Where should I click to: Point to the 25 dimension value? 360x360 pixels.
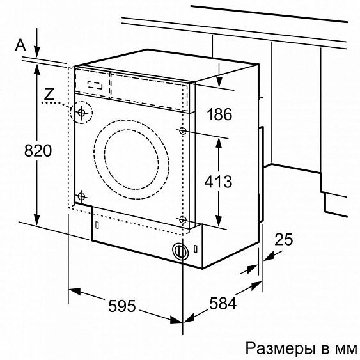tap(283, 240)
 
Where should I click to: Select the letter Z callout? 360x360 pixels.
tap(49, 93)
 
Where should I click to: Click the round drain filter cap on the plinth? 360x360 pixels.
tap(180, 251)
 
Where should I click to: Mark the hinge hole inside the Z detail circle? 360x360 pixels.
tap(81, 113)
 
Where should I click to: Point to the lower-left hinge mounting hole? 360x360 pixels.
tap(81, 196)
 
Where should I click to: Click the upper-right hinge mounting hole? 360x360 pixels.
tap(184, 132)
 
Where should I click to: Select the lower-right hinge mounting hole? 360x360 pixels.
tap(183, 219)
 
